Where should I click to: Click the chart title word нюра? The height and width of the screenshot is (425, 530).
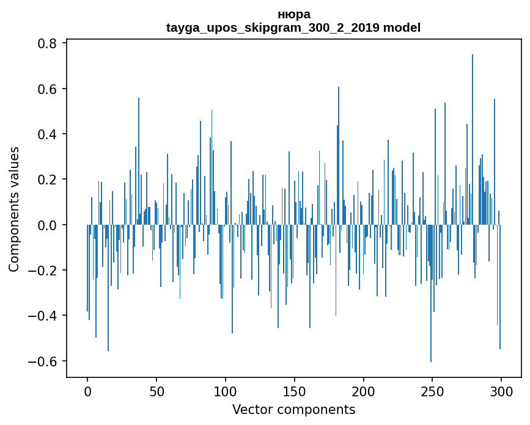click(293, 15)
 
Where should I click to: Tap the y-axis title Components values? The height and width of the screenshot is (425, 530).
click(14, 209)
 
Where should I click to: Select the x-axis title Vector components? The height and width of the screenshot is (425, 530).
click(293, 409)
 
